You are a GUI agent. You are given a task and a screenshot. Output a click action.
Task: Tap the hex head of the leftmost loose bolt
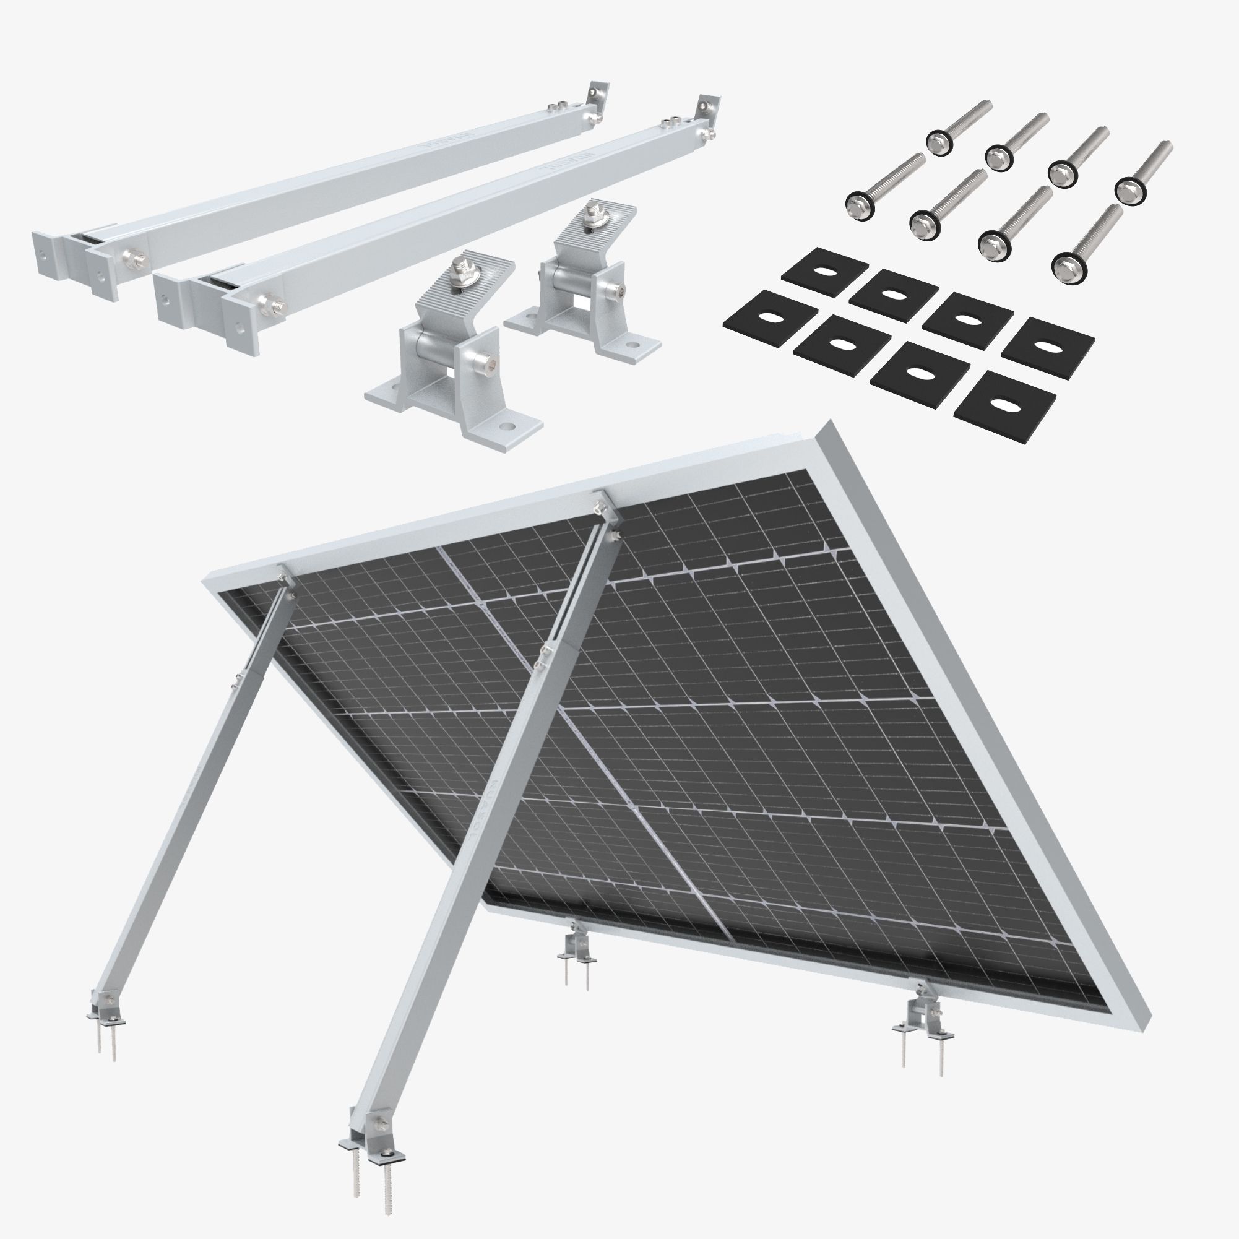857,204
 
